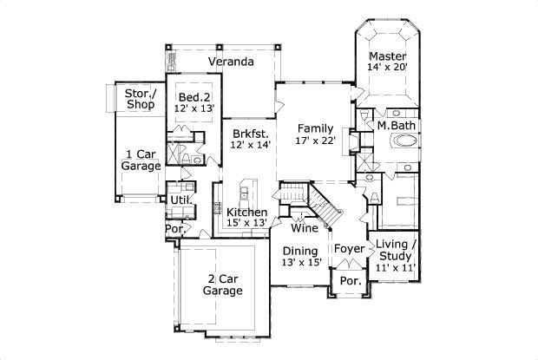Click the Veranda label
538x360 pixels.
[230, 62]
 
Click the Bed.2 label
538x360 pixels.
[194, 97]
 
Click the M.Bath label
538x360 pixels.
[396, 126]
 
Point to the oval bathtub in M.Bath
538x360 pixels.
[403, 144]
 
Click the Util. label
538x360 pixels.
[180, 200]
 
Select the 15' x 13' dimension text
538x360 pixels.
[246, 223]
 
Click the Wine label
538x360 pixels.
[303, 229]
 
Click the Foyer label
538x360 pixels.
[350, 250]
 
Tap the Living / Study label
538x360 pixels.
[396, 251]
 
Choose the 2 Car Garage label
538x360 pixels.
[222, 285]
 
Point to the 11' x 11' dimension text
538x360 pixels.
[396, 267]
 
